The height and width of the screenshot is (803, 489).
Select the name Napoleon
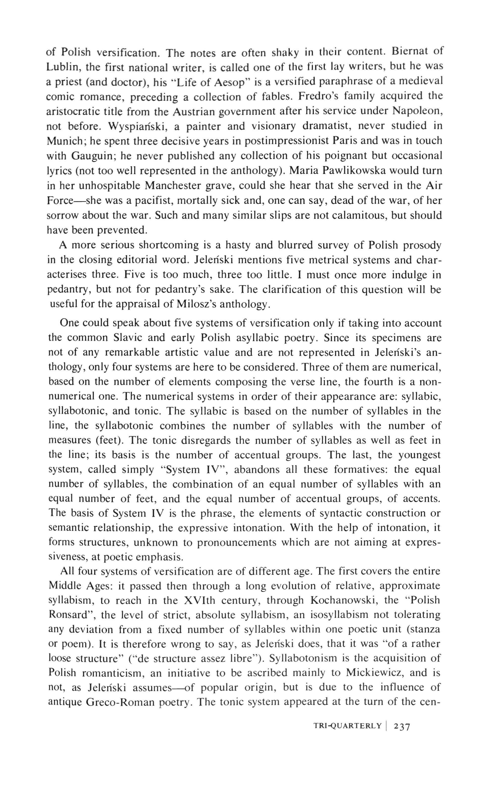(417, 111)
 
